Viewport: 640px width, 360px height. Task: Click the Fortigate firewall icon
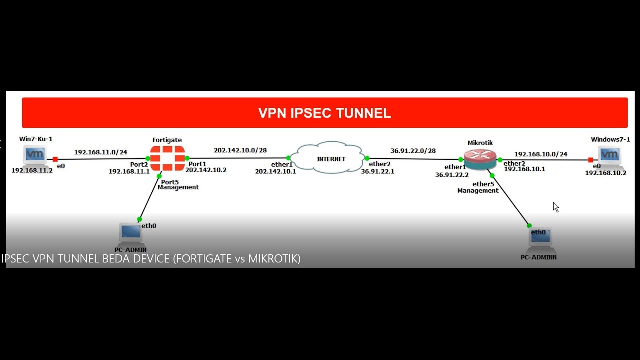(x=167, y=158)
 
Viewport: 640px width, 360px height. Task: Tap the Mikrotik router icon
(x=480, y=159)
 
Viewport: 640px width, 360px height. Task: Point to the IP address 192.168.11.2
(x=32, y=171)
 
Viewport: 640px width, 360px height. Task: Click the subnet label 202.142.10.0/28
(x=240, y=150)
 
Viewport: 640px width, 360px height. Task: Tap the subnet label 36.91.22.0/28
(x=413, y=151)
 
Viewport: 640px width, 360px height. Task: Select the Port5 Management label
(x=178, y=185)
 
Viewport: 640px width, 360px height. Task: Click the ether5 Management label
(x=478, y=187)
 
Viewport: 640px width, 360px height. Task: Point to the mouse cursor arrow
(x=556, y=207)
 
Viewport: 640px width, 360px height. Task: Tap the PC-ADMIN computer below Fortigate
(x=131, y=233)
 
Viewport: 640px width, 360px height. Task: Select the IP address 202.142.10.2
(x=206, y=170)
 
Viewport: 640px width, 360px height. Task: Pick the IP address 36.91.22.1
(x=377, y=171)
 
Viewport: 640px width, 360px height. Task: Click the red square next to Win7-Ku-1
(x=55, y=159)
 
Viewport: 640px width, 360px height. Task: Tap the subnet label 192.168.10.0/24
(x=541, y=154)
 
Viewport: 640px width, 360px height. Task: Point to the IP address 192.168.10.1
(x=525, y=169)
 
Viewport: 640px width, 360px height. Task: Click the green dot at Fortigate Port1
(x=187, y=158)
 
